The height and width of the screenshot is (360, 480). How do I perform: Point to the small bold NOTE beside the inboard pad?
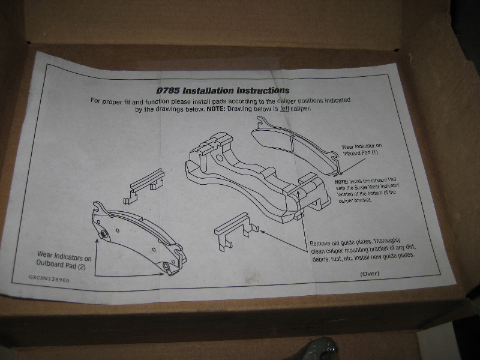click(x=341, y=181)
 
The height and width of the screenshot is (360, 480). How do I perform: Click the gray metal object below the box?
click(x=324, y=348)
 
